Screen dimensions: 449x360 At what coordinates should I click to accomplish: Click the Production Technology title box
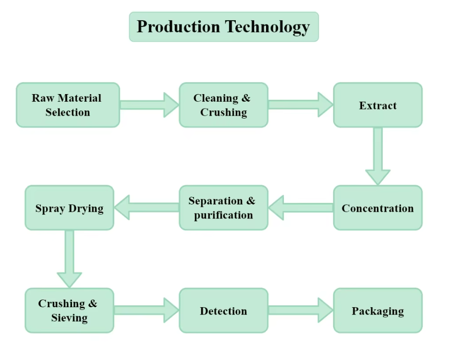[224, 27]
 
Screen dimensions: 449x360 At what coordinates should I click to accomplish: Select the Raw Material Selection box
[68, 105]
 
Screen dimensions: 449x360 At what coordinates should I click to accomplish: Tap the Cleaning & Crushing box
[224, 105]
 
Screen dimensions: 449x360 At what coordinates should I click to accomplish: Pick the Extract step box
[378, 105]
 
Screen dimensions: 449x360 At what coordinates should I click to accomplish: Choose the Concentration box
[378, 208]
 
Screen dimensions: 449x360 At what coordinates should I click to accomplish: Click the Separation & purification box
[224, 208]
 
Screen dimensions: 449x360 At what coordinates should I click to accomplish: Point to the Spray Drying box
[70, 208]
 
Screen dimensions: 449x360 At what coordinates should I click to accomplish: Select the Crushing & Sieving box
[70, 311]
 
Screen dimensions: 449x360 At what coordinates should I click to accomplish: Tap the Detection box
[224, 311]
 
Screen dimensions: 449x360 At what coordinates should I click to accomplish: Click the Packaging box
[378, 311]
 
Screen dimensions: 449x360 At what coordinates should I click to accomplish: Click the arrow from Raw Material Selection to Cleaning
[149, 105]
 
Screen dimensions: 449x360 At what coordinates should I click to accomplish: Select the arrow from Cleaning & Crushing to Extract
[301, 105]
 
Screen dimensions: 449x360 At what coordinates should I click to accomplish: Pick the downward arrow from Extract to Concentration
[378, 156]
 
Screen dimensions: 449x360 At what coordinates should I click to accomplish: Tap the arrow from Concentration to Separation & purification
[301, 208]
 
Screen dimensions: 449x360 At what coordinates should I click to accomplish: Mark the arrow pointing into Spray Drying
[146, 207]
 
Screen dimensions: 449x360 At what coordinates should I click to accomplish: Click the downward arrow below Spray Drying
[70, 259]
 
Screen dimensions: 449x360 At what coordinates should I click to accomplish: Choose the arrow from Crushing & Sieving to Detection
[146, 310]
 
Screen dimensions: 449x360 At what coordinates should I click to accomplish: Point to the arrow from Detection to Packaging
[301, 310]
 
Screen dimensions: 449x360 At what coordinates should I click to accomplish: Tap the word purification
[224, 215]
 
